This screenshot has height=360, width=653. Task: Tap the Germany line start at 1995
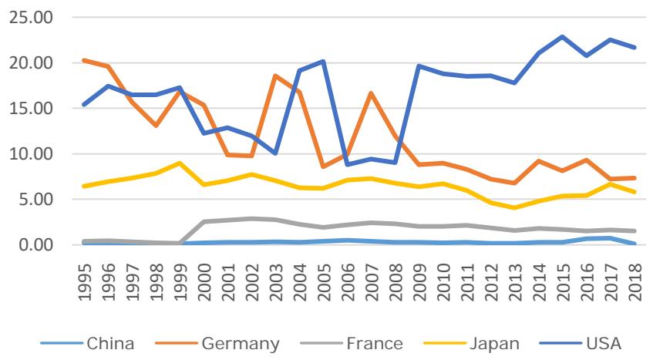tap(84, 60)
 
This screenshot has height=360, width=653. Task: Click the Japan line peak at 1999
tap(180, 163)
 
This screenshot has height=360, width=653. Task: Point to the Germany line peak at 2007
tap(371, 93)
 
